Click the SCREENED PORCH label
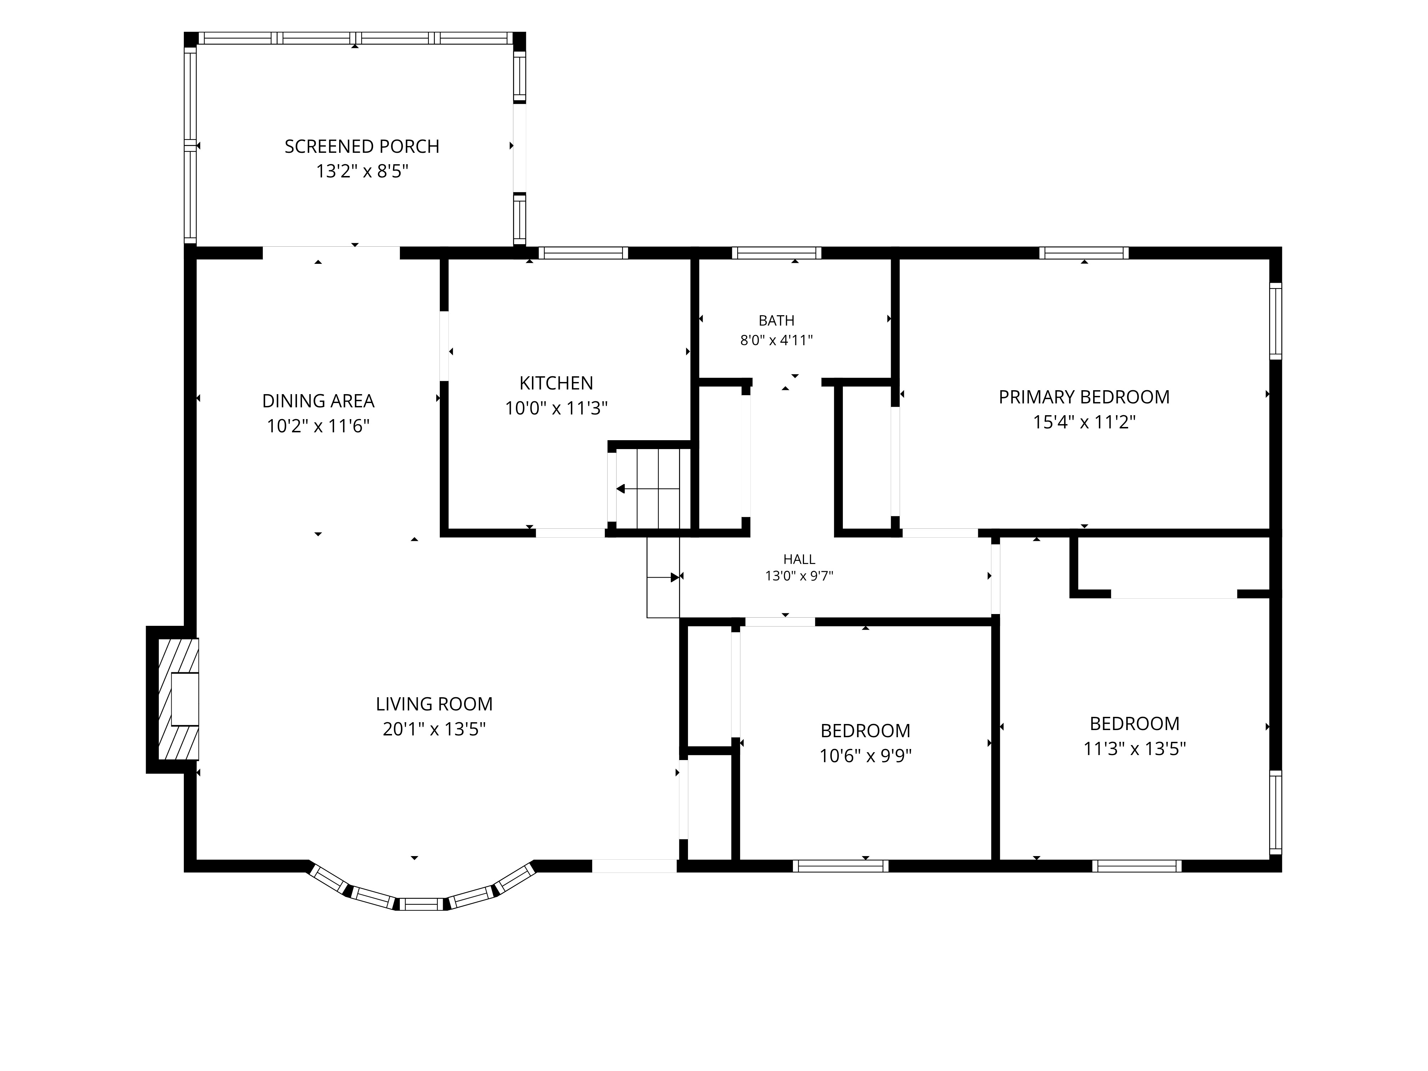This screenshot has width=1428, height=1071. click(362, 146)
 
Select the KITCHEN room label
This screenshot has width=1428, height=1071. click(556, 383)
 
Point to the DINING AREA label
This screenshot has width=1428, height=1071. click(318, 401)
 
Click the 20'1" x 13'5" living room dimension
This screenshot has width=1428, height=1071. click(434, 729)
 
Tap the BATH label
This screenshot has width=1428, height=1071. click(776, 320)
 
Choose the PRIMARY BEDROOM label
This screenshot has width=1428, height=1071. click(1084, 397)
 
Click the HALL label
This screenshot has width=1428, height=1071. click(799, 559)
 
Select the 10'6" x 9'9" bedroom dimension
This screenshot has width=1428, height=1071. click(865, 755)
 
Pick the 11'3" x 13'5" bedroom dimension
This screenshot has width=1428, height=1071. click(1134, 748)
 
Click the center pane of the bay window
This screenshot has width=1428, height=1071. click(421, 904)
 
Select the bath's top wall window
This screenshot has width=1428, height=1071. click(776, 253)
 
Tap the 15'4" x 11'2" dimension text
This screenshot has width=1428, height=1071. click(1084, 422)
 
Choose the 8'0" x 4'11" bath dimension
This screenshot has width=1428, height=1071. click(776, 340)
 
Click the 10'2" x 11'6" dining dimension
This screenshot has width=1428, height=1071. click(318, 426)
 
